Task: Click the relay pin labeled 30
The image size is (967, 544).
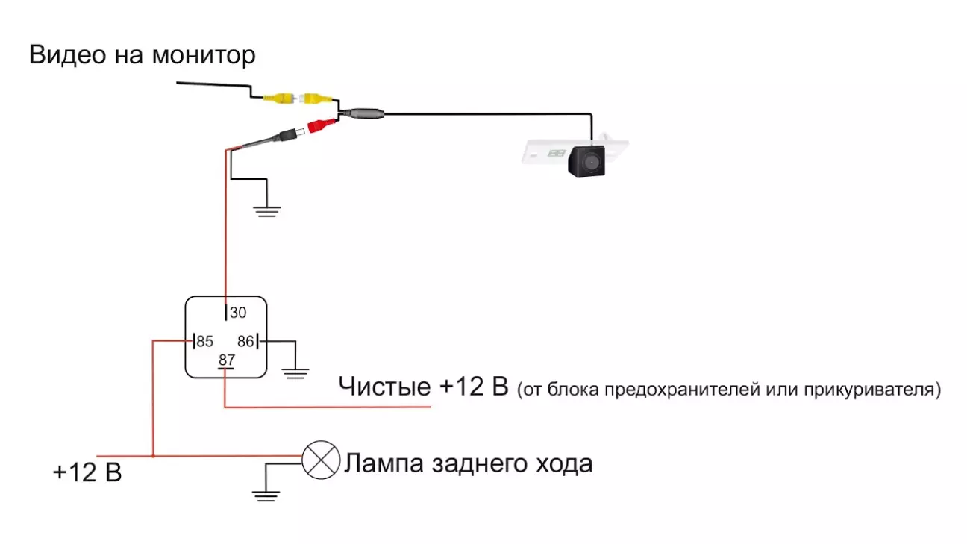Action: [226, 313]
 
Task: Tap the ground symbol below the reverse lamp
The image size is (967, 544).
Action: [265, 494]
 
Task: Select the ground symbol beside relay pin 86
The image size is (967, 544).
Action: [296, 372]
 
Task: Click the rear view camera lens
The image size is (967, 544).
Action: [589, 160]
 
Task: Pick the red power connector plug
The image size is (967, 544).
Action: [318, 126]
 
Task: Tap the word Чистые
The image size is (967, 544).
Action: [384, 387]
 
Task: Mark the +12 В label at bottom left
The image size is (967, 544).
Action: [87, 472]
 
